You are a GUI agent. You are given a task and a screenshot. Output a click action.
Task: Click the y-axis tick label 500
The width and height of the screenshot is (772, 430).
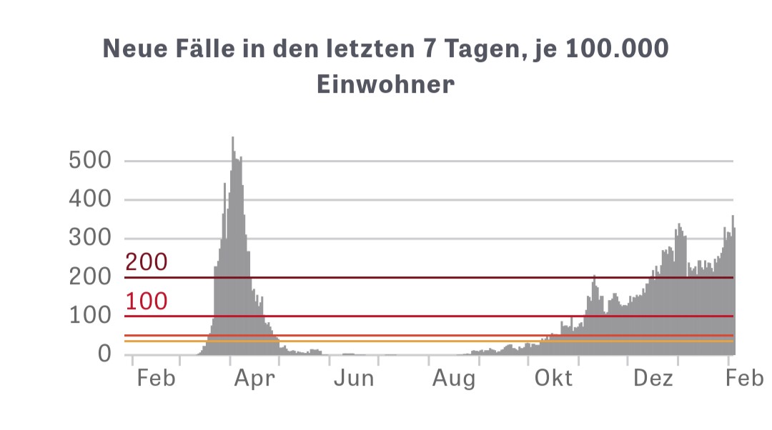coord(90,160)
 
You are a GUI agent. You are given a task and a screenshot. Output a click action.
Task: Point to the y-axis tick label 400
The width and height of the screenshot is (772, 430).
coord(90,199)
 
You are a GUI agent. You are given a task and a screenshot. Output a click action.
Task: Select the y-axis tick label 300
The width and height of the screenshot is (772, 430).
coord(90,238)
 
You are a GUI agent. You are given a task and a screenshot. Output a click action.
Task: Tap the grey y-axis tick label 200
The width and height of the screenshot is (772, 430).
coord(90,277)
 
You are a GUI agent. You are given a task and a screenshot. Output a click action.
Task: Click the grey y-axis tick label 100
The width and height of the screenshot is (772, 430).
coord(90,316)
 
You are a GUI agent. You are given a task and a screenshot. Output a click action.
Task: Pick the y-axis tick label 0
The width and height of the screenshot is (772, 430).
coord(104,354)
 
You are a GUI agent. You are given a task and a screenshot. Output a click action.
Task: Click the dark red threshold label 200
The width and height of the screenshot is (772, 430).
coord(146,262)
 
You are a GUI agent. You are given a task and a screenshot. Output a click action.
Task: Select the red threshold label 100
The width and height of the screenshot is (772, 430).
coord(146,301)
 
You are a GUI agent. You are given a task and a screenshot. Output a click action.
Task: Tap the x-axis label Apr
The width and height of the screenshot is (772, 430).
coord(254,378)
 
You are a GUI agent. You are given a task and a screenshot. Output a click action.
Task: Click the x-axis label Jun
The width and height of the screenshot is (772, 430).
coord(354,378)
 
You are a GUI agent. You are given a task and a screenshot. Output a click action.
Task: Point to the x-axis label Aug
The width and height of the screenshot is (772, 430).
coord(454,378)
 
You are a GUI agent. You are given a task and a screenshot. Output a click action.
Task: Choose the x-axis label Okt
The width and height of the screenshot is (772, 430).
coord(554,378)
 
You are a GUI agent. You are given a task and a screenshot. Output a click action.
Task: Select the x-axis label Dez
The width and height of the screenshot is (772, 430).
coord(653,378)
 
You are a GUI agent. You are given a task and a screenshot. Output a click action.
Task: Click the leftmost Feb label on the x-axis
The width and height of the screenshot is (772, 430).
coord(156,378)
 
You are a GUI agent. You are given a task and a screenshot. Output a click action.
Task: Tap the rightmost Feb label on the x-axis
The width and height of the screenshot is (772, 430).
coord(744,378)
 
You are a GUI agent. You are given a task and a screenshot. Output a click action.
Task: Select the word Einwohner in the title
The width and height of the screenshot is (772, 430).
coord(385,84)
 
